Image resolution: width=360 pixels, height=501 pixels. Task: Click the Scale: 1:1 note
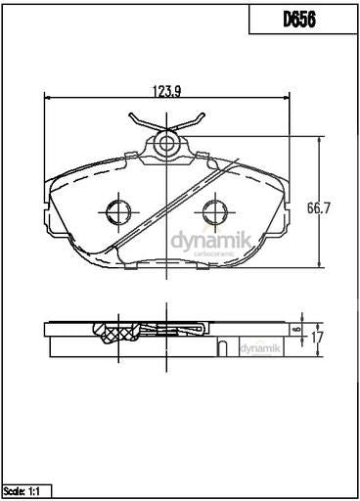pos(26,489)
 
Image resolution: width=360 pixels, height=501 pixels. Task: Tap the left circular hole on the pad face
pos(118,210)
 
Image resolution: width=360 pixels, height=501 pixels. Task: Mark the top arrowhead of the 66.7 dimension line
pos(321,141)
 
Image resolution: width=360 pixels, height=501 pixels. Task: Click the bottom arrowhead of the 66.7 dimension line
pos(321,267)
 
